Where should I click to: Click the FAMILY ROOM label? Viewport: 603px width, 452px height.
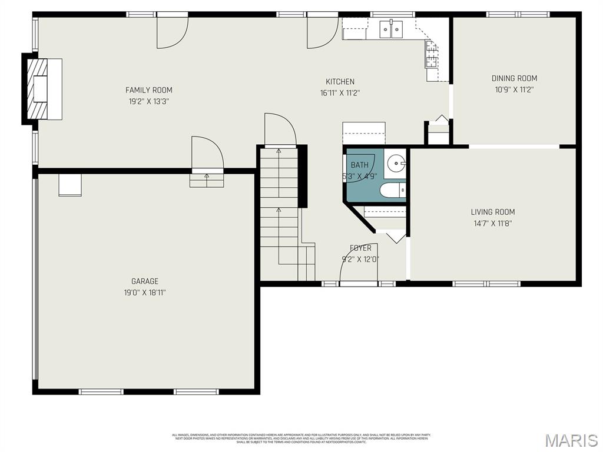148,90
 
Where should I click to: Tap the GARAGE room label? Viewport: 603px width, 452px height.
144,281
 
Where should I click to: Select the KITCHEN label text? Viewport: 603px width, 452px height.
340,82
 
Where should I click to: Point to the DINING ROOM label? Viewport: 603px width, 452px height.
514,78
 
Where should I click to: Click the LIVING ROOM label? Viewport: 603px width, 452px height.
492,212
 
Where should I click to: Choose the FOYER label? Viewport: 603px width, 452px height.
360,248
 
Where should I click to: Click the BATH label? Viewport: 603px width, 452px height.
359,165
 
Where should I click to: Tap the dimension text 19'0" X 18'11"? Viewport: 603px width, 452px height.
144,293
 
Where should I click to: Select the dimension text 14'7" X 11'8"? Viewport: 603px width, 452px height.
492,223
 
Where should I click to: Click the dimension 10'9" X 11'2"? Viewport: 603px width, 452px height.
514,89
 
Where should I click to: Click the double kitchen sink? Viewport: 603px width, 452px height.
391,28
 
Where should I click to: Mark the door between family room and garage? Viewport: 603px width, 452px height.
207,154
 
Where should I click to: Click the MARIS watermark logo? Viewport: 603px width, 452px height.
571,440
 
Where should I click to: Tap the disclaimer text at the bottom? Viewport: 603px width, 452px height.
301,438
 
